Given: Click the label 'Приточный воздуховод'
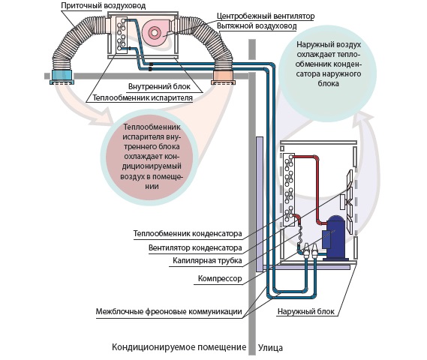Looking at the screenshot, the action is point(104,6).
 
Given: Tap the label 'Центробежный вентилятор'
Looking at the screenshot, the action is point(266,16).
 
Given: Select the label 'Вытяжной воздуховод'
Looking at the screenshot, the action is point(257,26).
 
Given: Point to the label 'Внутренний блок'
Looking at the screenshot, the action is point(159,87).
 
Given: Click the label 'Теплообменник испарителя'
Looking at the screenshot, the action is point(143,97).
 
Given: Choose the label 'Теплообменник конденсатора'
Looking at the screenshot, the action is point(188,234).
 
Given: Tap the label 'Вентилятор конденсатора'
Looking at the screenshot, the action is point(195,248).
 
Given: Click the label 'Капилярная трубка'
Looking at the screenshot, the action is point(208,261).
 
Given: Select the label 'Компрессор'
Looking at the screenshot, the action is point(220,279).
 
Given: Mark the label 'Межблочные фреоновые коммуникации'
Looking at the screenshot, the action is point(169,311).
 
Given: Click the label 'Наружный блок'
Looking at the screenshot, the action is point(306,311).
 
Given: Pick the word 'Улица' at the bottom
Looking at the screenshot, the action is point(270,348).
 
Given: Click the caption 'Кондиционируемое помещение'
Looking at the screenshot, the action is point(179,347).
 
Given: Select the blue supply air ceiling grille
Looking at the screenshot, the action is point(62,77).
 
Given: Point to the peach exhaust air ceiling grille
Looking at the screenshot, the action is point(224,77).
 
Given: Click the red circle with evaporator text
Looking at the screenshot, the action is point(149,157).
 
